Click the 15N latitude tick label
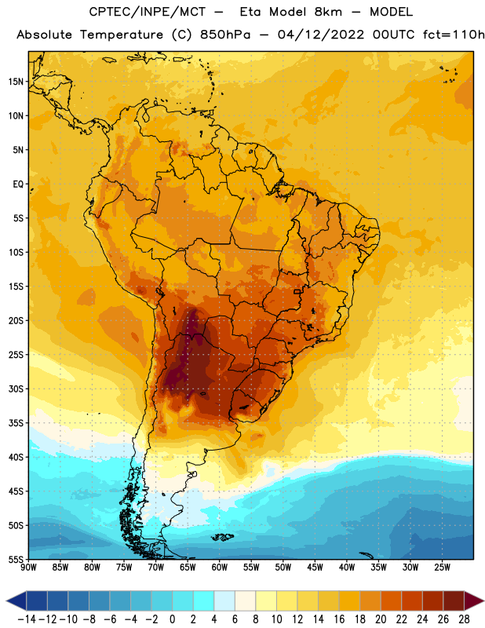[x=16, y=82]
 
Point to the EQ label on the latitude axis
[x=18, y=184]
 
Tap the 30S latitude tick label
[x=16, y=389]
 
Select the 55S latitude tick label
[x=16, y=560]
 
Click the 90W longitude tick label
[x=28, y=568]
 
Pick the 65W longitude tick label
[x=188, y=568]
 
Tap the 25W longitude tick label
[x=442, y=568]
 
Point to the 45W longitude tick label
[x=315, y=568]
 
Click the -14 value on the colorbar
[x=27, y=619]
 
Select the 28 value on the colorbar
[x=464, y=619]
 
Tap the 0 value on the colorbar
[x=172, y=619]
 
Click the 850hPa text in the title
[x=225, y=35]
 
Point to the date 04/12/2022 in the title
[x=321, y=35]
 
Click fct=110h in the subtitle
[x=454, y=35]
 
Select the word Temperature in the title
[x=122, y=35]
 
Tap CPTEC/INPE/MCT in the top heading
[x=148, y=12]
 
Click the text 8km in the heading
[x=328, y=12]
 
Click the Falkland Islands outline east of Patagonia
[x=223, y=537]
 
